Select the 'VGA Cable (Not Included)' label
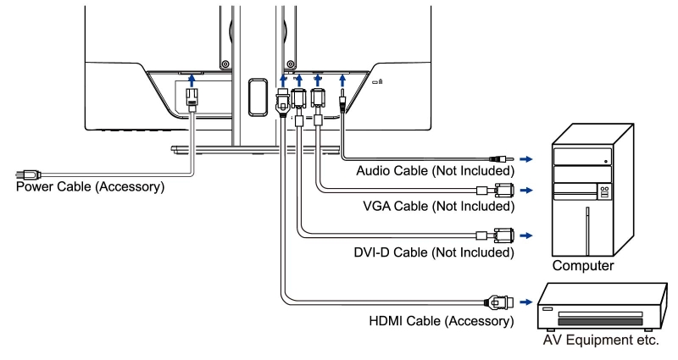(437, 206)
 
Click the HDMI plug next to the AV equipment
(497, 300)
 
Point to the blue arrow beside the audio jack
(528, 158)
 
